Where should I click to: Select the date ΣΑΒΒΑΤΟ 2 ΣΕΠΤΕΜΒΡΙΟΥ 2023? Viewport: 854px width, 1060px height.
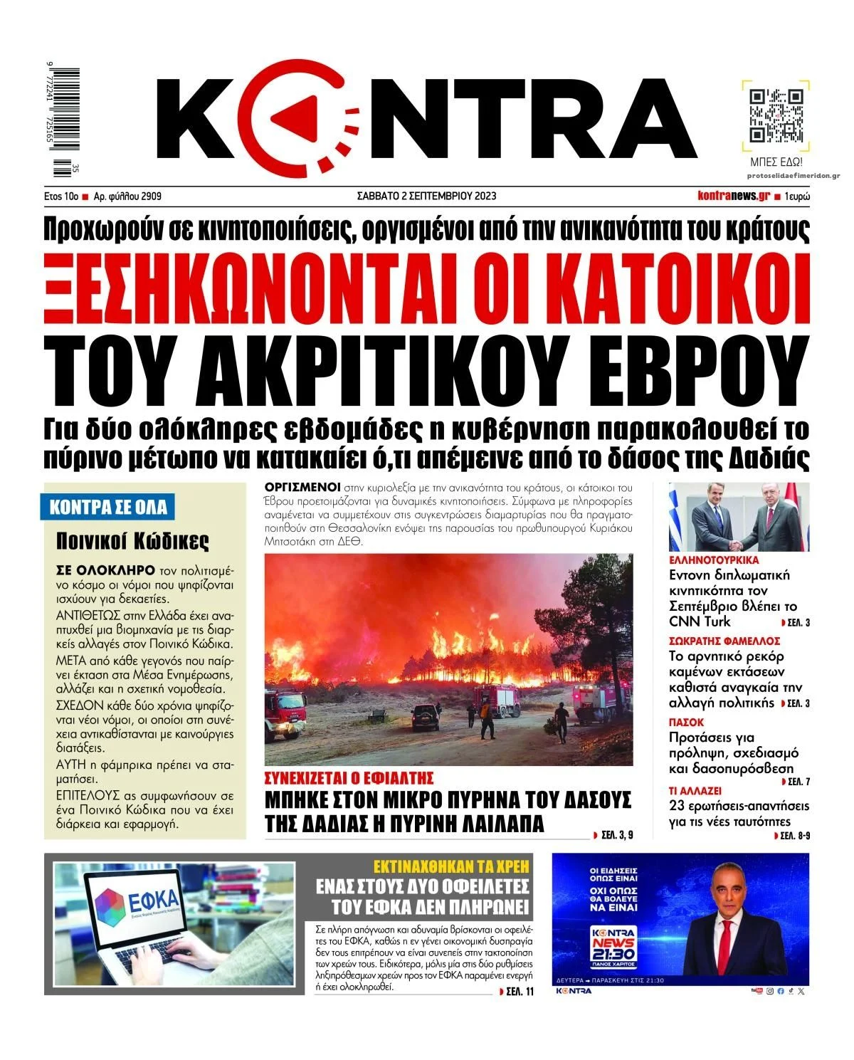[426, 196]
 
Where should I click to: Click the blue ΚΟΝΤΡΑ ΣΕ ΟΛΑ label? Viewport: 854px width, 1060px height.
[108, 508]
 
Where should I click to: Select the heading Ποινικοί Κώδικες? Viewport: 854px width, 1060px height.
[132, 542]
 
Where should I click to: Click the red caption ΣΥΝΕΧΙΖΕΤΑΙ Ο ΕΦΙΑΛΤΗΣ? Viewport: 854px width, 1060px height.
[349, 777]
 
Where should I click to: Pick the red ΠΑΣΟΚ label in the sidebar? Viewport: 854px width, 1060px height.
[686, 722]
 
